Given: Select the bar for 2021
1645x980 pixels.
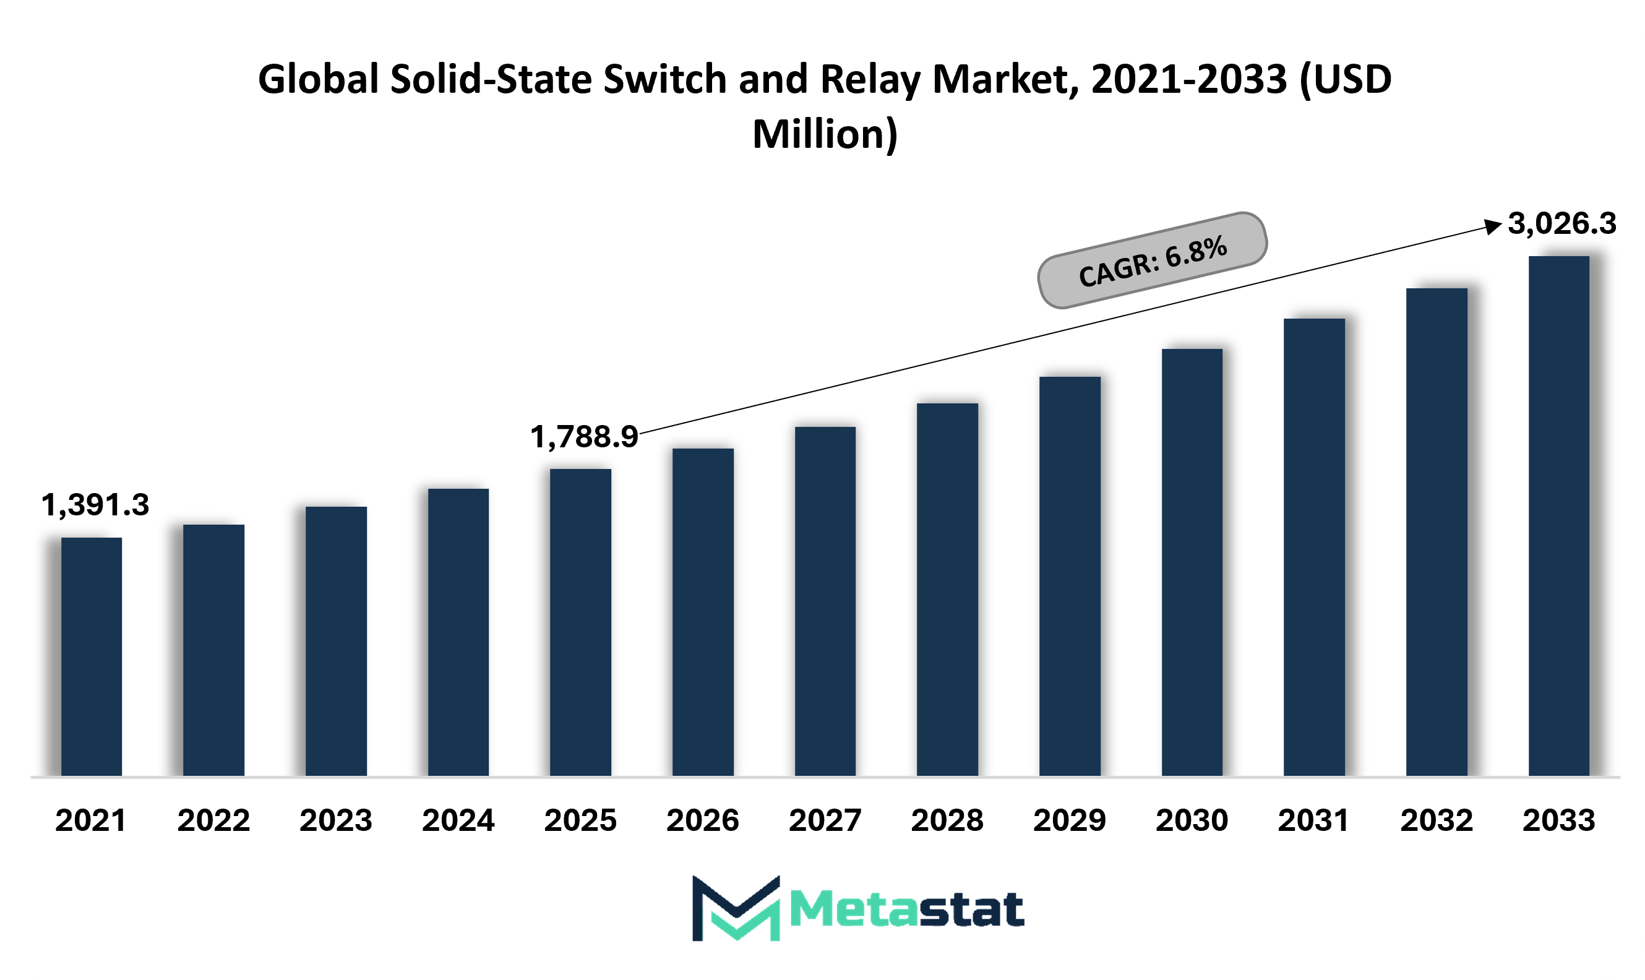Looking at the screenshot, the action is (92, 656).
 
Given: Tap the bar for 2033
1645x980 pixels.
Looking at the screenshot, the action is (1559, 516).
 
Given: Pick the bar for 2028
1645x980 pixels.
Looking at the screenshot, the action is (948, 590).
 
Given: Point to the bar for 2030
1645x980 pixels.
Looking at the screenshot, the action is (1192, 562).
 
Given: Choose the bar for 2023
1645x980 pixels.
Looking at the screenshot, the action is (336, 641).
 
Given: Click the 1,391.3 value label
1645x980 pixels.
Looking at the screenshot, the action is (95, 505).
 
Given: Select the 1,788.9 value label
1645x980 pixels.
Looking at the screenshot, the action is (585, 437).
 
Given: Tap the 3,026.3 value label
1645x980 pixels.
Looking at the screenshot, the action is (1563, 223).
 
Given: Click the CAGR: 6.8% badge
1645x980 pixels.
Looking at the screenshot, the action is (1153, 260).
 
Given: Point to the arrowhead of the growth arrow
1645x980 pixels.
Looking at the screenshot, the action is (1494, 226).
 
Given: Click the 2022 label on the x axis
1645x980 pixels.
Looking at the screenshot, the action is (214, 820).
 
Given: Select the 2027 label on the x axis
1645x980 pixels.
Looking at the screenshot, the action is (825, 820).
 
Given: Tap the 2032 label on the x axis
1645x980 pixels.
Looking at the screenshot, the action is (1437, 820).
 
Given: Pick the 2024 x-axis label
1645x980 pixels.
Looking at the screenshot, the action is (458, 820).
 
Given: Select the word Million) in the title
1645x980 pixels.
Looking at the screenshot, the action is (825, 135).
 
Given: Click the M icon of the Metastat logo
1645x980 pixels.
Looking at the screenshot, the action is (736, 908).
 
